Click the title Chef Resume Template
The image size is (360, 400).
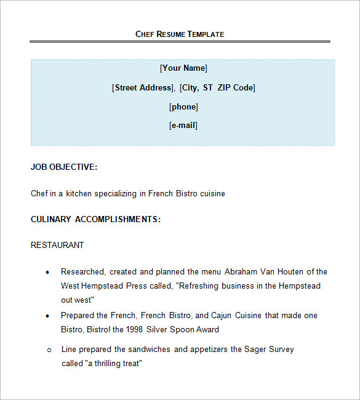180,34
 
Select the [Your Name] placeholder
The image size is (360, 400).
183,68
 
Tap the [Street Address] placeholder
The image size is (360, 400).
143,88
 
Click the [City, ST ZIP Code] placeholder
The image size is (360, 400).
218,88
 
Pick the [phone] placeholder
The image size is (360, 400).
183,107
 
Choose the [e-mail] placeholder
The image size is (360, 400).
183,126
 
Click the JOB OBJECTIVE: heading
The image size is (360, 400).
64,167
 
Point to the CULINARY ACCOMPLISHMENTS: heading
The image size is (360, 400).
95,219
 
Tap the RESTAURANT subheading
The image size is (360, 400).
57,245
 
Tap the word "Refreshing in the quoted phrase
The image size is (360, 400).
199,286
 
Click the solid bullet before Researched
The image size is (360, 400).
48,272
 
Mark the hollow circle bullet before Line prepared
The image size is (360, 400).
49,350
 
